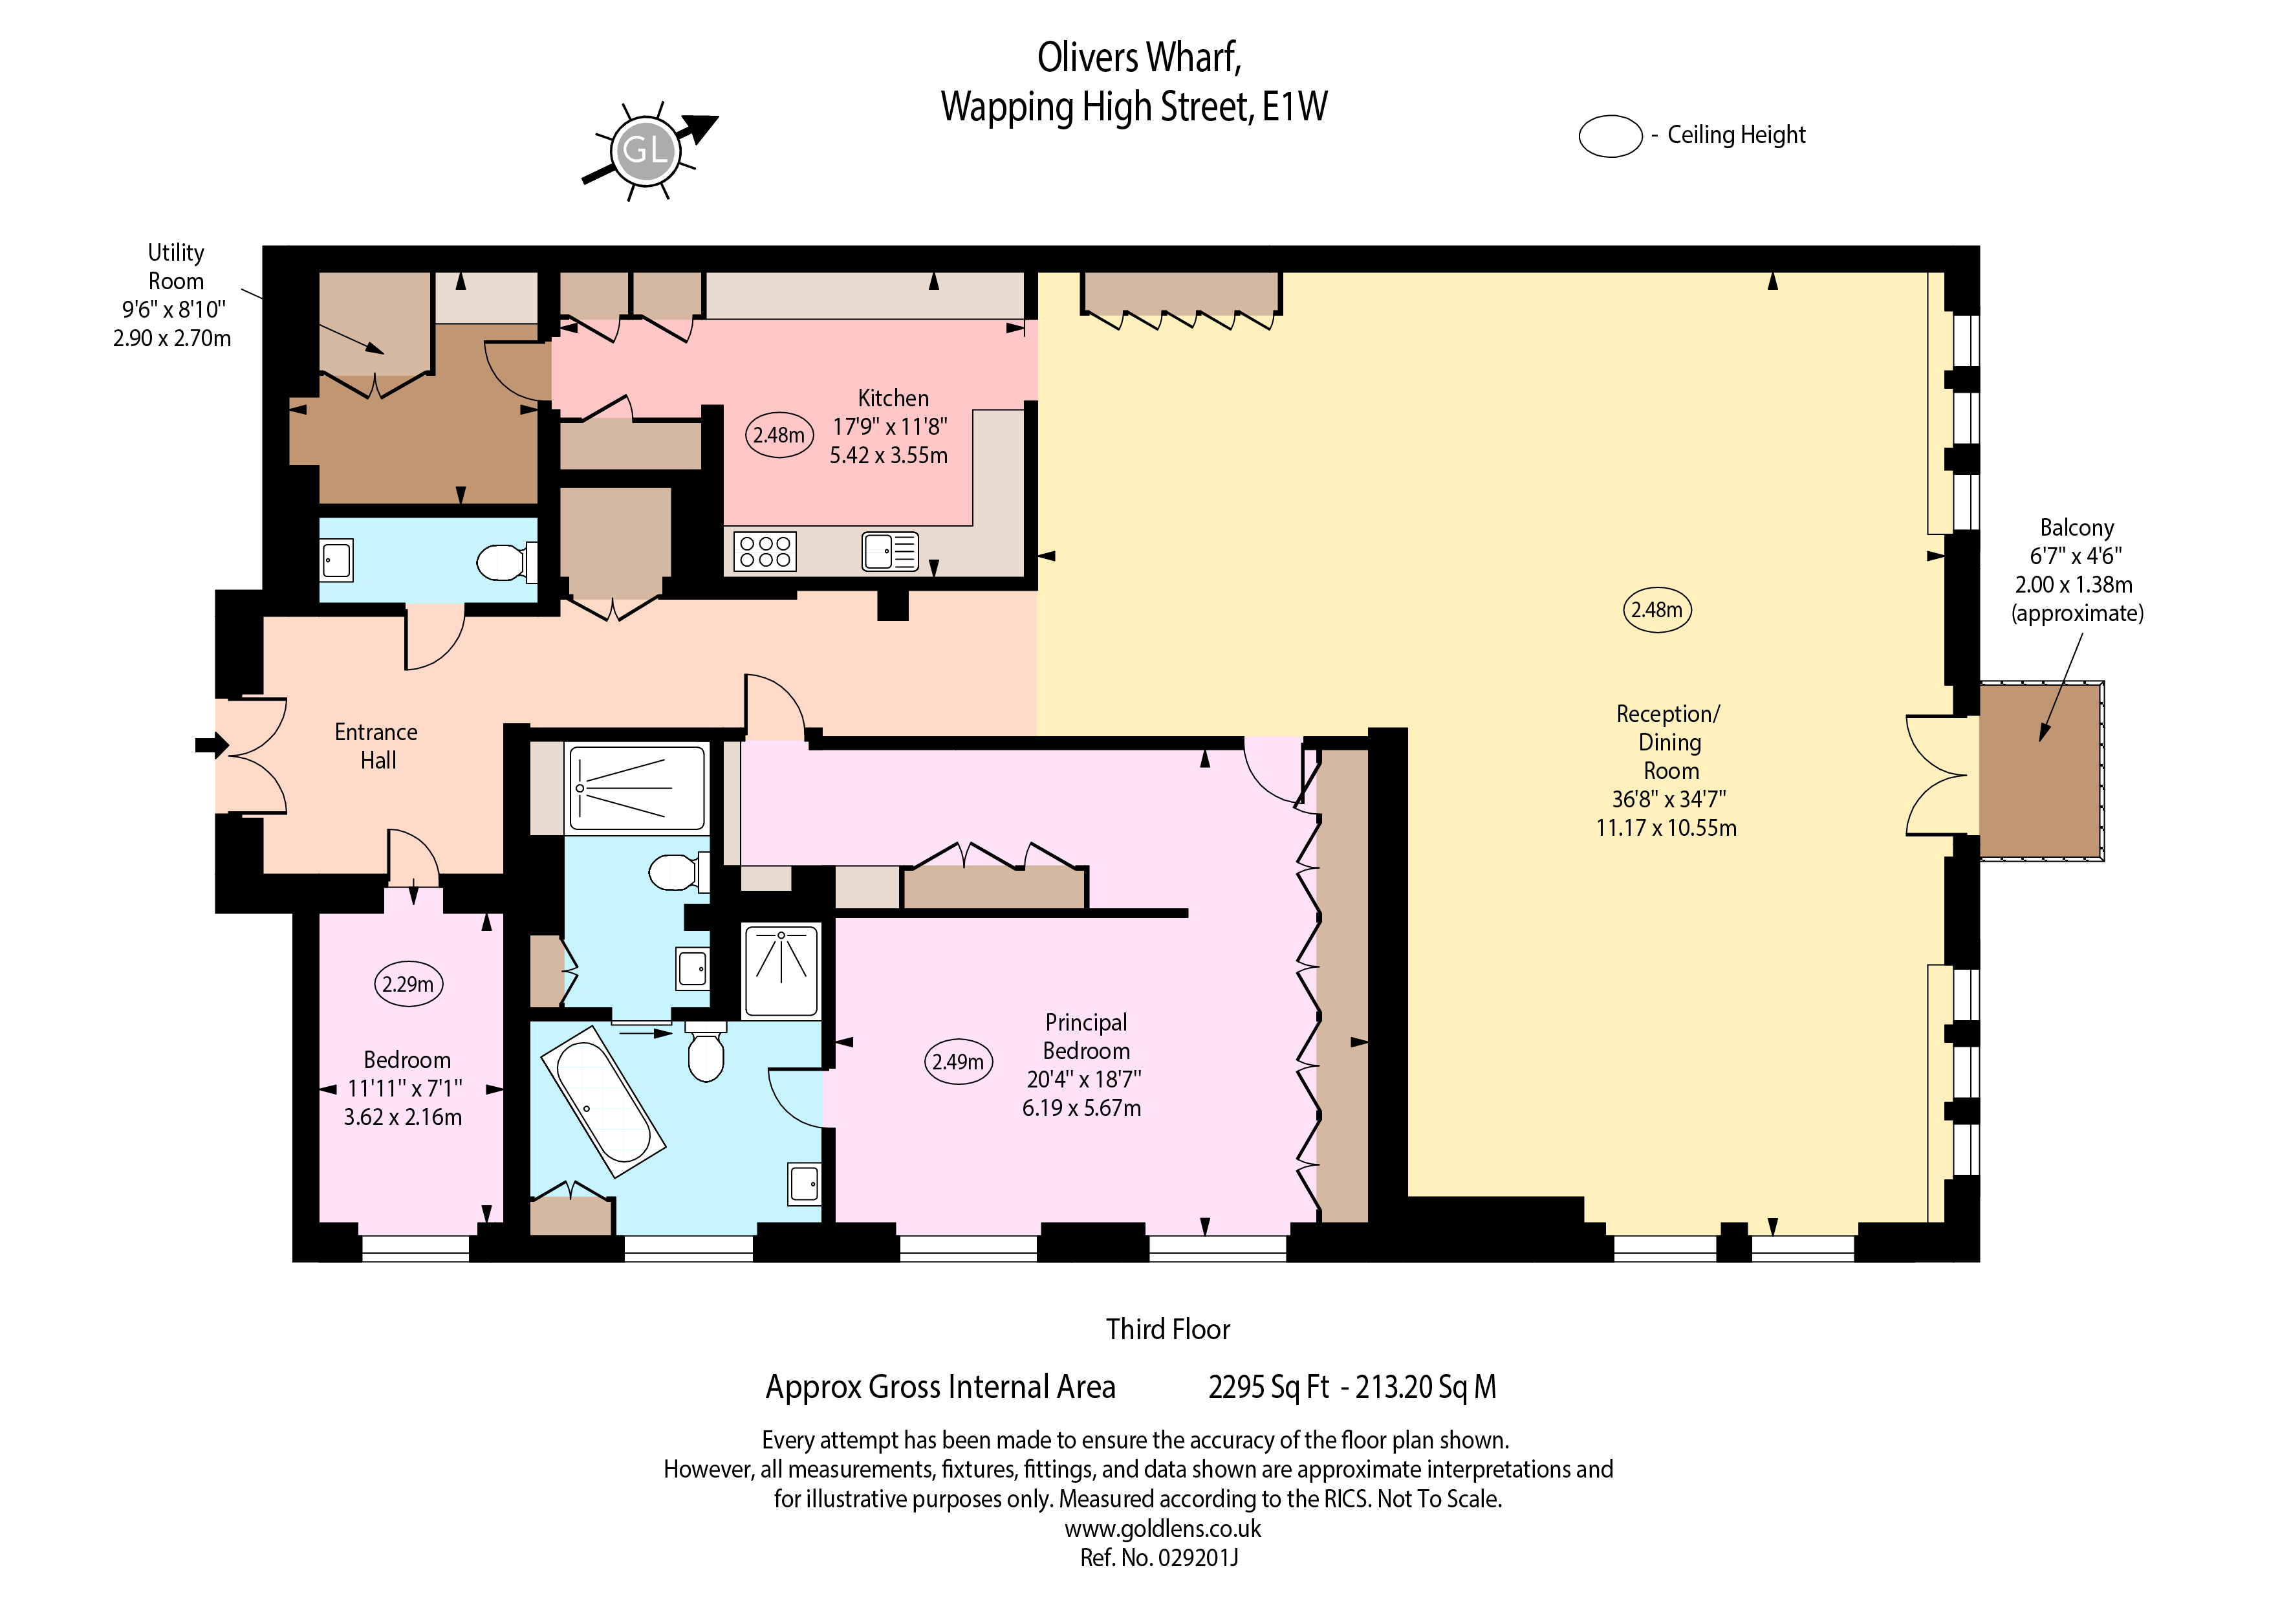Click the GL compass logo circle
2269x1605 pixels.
click(x=646, y=150)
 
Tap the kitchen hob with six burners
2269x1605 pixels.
click(x=765, y=551)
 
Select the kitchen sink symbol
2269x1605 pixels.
click(x=891, y=551)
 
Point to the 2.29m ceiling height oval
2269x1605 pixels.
click(x=408, y=985)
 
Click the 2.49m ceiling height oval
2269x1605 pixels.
click(x=958, y=1062)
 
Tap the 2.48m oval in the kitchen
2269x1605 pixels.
click(x=779, y=435)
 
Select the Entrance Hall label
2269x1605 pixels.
click(x=376, y=746)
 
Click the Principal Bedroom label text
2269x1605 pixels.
click(x=1086, y=1037)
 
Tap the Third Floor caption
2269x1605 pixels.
click(x=1168, y=1329)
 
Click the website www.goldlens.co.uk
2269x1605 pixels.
click(x=1163, y=1529)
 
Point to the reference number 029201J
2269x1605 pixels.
click(x=1159, y=1558)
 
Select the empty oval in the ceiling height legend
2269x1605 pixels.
click(x=1611, y=136)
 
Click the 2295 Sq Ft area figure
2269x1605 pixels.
click(x=1269, y=1388)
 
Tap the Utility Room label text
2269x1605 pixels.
click(x=176, y=267)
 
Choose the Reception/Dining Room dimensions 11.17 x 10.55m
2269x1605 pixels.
click(x=1666, y=828)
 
